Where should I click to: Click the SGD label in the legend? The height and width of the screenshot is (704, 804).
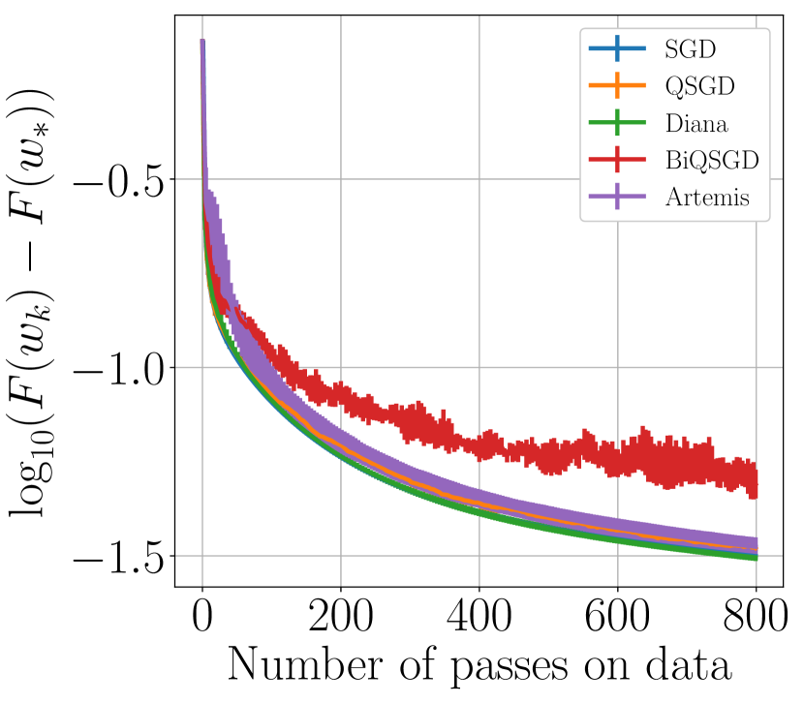click(x=686, y=47)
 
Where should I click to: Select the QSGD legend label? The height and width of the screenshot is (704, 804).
click(x=699, y=85)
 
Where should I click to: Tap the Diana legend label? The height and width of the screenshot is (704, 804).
click(x=696, y=123)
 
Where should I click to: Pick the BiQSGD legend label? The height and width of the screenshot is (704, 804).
click(x=711, y=161)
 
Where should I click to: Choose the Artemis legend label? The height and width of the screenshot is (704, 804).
click(x=707, y=199)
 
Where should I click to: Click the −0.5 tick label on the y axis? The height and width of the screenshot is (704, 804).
click(x=115, y=179)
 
